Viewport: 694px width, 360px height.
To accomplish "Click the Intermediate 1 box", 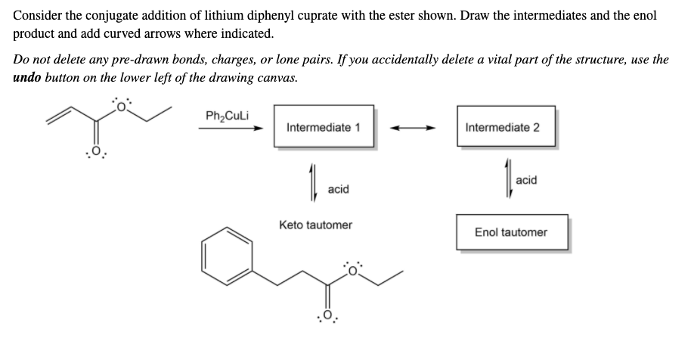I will click(323, 127).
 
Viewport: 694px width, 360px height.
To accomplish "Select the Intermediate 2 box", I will click(502, 127).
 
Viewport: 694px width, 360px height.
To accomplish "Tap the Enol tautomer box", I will click(510, 232).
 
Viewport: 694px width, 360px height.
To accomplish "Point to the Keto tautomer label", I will click(315, 225).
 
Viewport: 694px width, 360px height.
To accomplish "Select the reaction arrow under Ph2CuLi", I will click(230, 129).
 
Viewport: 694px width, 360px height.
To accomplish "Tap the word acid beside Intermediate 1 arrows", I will click(338, 189).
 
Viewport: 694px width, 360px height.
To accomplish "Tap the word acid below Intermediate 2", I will click(525, 179).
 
